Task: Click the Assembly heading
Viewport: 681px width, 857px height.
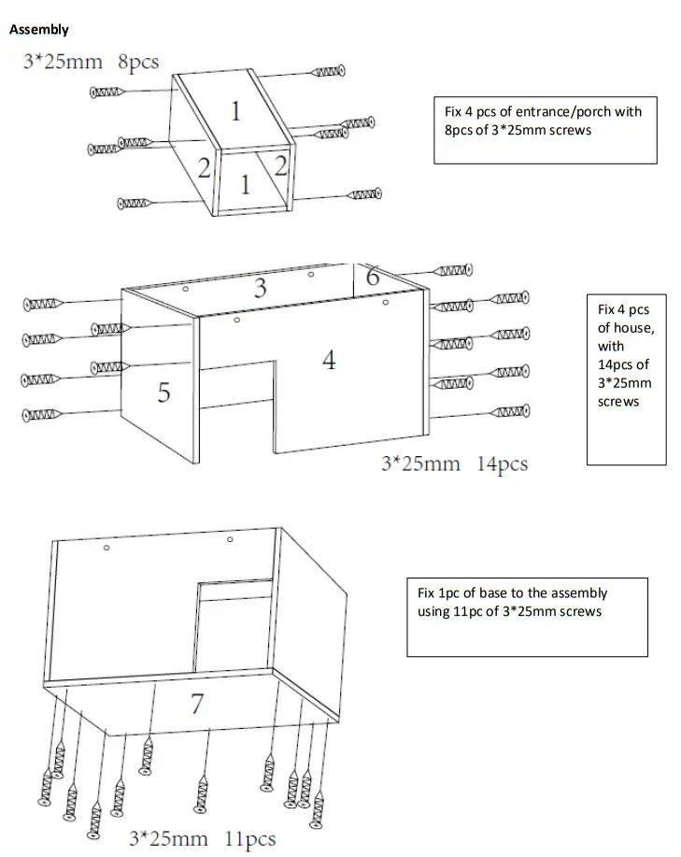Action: coord(38,30)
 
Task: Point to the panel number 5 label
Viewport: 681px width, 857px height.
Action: coord(163,393)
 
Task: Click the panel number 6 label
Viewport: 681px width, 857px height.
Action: coord(372,277)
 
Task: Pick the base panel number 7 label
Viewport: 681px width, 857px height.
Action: coord(196,705)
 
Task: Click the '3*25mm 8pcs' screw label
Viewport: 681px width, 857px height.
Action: coord(91,63)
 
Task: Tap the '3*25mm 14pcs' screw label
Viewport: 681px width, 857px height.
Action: coord(454,464)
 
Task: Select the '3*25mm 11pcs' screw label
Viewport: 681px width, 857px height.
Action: coord(202,838)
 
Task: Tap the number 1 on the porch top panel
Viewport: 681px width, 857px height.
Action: coord(235,112)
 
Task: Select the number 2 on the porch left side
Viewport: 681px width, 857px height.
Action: coord(204,167)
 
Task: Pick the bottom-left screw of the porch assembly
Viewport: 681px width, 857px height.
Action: coord(136,203)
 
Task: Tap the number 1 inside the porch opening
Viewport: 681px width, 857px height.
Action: coord(245,185)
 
